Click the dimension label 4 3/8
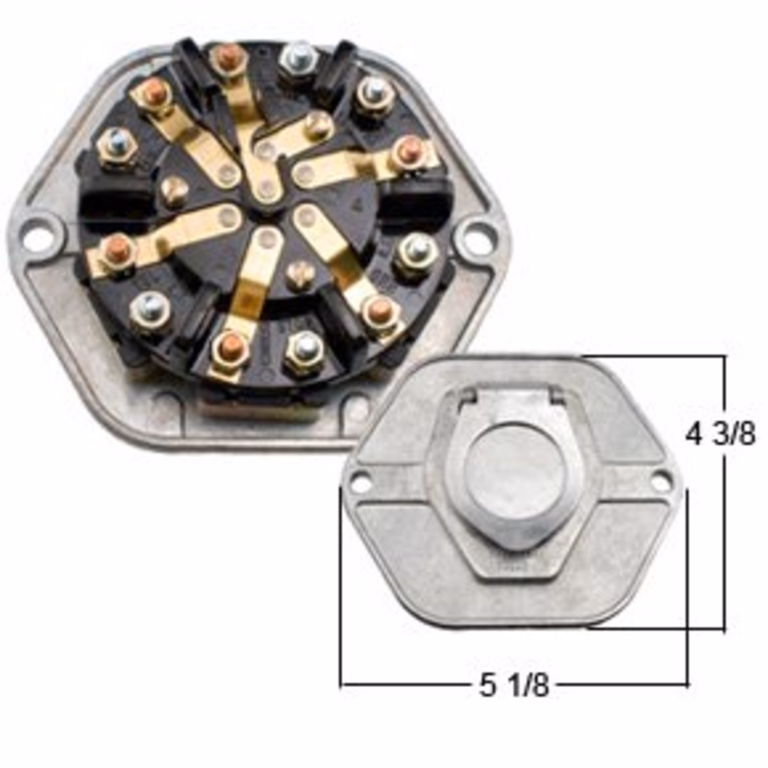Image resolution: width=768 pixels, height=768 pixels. pyautogui.click(x=720, y=436)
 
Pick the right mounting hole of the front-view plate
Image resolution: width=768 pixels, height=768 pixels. pyautogui.click(x=662, y=475)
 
